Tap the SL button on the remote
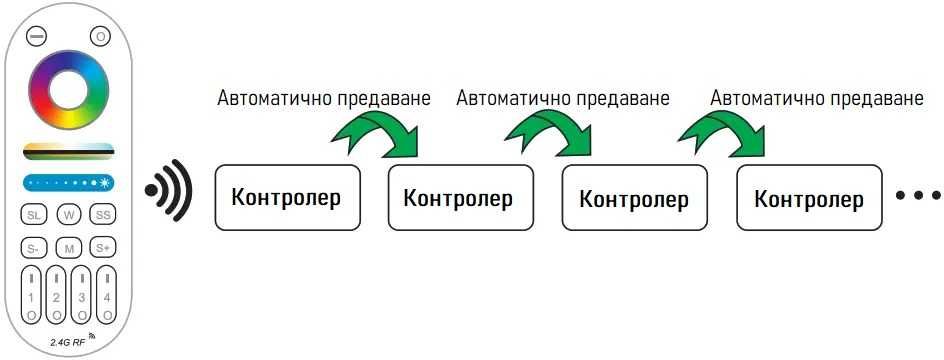tap(34, 215)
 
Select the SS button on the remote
tap(102, 215)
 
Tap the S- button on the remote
tap(34, 247)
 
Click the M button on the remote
tap(68, 247)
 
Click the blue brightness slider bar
tap(68, 183)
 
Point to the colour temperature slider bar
tap(68, 151)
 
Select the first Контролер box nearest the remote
tap(286, 196)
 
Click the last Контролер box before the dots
tap(809, 199)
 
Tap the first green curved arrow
tap(378, 132)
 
